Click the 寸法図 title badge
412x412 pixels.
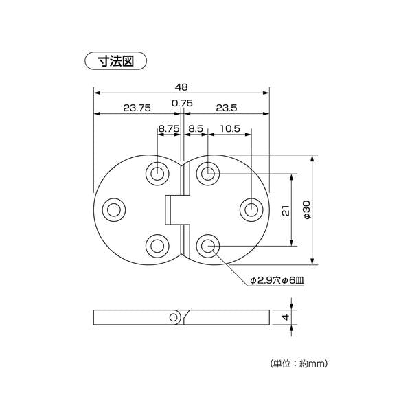(115, 61)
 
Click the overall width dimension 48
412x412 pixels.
(181, 87)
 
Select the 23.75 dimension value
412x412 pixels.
(137, 108)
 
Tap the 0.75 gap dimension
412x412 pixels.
(182, 103)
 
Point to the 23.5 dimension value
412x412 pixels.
(227, 108)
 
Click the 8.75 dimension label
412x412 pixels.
(169, 129)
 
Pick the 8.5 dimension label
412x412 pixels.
(196, 129)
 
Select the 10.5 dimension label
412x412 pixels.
(230, 129)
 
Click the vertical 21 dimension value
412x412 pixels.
(286, 210)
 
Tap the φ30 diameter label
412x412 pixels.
(307, 209)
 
